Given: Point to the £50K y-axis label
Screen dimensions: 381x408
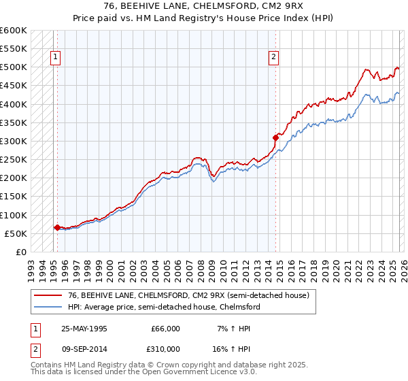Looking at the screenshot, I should click(x=16, y=234).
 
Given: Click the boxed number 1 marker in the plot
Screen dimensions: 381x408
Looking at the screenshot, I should click(x=55, y=58).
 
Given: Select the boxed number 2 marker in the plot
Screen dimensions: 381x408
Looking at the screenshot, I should click(x=273, y=58).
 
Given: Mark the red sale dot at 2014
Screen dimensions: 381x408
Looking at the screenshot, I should click(x=275, y=137).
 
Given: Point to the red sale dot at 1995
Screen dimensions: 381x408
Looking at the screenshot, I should click(x=56, y=227).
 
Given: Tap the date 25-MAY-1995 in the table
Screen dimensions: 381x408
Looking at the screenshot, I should click(x=85, y=328).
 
